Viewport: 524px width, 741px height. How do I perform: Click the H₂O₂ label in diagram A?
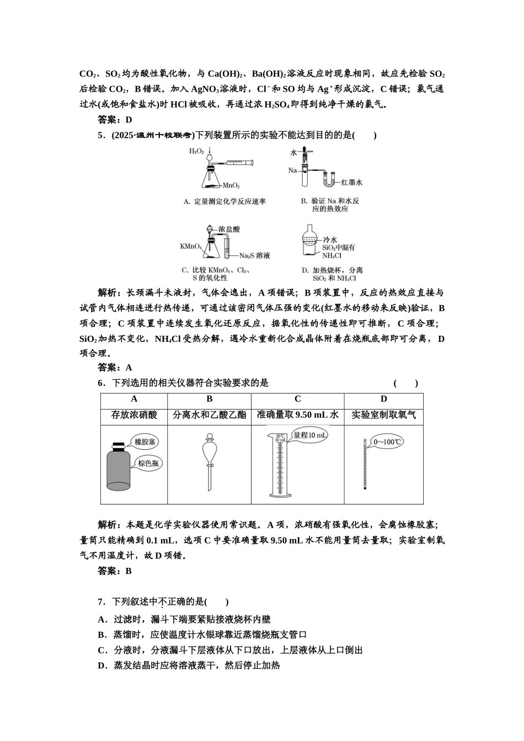196,151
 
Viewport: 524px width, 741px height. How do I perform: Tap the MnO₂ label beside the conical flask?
231,186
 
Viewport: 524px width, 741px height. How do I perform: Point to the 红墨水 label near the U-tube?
351,182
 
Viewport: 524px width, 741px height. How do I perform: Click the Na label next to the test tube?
292,170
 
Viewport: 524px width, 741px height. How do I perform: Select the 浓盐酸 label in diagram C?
229,229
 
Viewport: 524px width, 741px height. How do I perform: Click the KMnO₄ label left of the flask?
191,246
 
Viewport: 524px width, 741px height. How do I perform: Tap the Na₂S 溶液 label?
254,256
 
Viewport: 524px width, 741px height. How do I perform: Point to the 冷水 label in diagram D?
329,239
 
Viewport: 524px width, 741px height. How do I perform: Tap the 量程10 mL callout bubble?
309,435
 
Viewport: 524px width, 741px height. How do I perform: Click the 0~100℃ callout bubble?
388,442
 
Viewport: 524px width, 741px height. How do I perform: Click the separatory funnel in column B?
209,460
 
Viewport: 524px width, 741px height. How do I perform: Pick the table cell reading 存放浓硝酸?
134,415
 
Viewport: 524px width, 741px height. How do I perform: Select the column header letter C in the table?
297,399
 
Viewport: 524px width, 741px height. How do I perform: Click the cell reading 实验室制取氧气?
383,415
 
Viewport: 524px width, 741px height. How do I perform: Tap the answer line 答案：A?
115,368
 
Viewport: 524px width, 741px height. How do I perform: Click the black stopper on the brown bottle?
117,445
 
